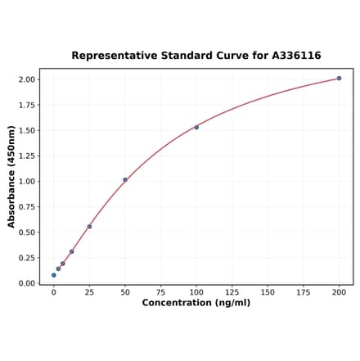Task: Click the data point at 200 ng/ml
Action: click(339, 79)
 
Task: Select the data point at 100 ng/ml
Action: click(196, 127)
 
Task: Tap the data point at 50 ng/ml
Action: click(125, 179)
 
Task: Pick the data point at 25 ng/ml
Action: click(89, 227)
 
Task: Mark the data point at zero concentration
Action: click(54, 275)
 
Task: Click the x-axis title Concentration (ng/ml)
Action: click(196, 303)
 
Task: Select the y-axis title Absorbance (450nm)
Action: click(11, 177)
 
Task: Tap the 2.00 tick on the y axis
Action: click(26, 79)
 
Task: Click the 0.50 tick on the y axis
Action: click(26, 232)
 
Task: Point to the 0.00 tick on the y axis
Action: click(26, 283)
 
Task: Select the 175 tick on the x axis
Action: click(304, 291)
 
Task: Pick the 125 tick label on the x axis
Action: click(232, 291)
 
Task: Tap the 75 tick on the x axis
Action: click(161, 291)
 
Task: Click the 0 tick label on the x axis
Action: click(54, 291)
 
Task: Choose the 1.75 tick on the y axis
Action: click(26, 105)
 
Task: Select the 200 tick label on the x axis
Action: click(339, 291)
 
